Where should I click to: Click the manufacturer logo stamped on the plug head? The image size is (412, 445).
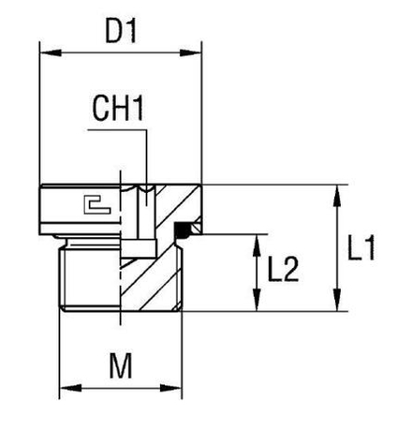point(94,202)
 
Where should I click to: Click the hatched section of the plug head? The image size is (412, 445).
point(178,201)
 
